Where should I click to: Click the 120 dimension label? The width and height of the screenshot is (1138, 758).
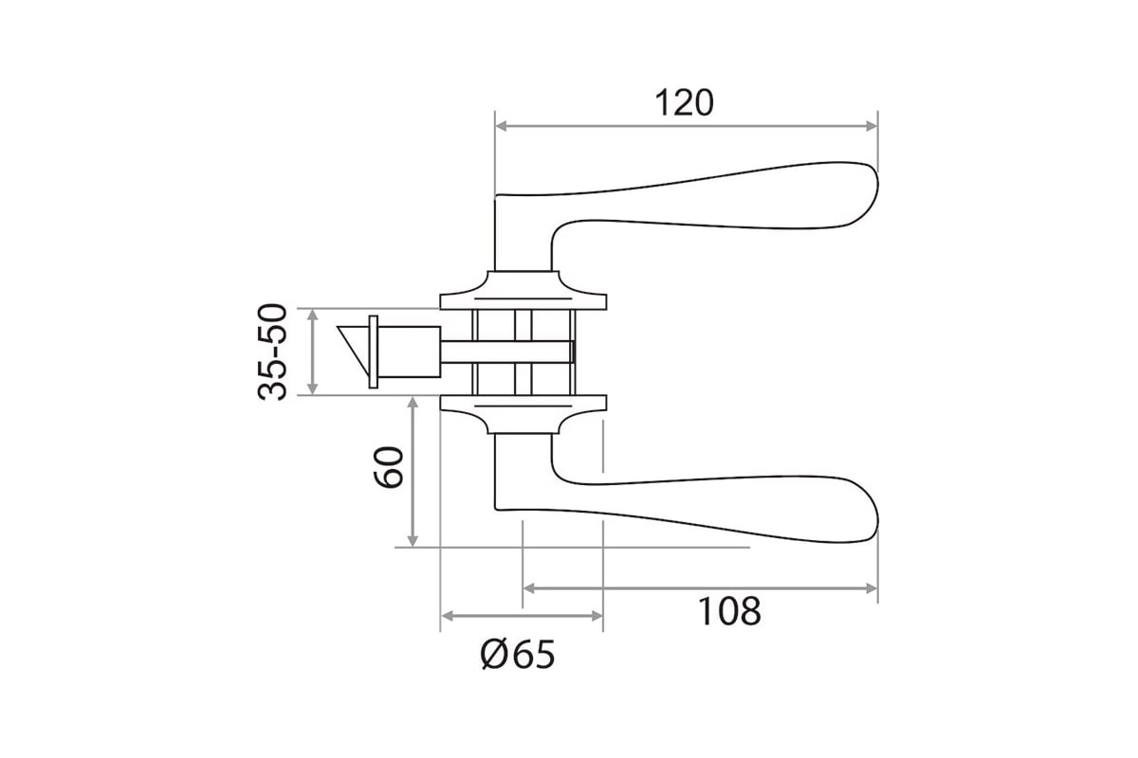[684, 103]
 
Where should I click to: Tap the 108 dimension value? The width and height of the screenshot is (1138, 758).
[729, 611]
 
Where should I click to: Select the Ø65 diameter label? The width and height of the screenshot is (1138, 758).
[518, 655]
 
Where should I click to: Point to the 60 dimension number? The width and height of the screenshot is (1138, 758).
[389, 467]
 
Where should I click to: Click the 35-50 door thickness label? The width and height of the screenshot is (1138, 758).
[273, 352]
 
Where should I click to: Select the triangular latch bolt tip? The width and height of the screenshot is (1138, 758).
[353, 348]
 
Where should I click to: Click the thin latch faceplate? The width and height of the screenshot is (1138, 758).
[374, 352]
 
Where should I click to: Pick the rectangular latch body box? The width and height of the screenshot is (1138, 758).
[409, 352]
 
